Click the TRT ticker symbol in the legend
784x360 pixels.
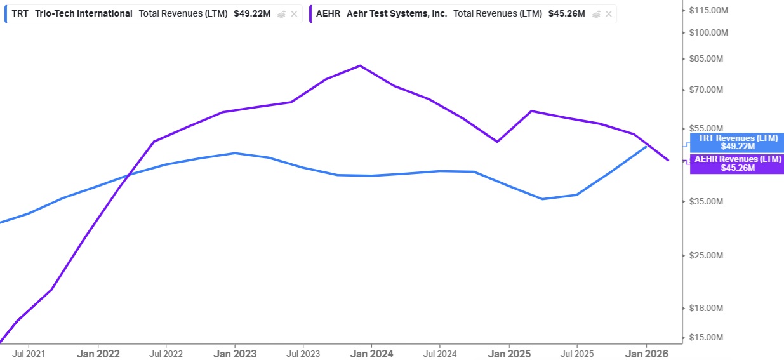pos(20,13)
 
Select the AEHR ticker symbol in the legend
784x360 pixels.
pos(328,13)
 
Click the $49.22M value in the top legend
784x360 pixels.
pos(251,13)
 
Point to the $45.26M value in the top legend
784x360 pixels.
pos(566,13)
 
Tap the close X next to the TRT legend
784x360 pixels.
pos(294,14)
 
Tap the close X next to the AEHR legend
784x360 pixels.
pos(609,14)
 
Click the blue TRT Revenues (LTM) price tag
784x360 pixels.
pos(737,142)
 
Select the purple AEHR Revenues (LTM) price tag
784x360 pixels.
pos(737,164)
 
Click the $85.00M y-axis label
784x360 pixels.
pos(707,58)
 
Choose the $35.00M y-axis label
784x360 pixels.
pos(707,201)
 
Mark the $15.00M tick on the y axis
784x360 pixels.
pos(707,337)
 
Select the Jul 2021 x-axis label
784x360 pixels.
pos(28,353)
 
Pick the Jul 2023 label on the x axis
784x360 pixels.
pos(303,353)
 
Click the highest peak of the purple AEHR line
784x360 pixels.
pos(360,65)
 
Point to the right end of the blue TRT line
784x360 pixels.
pos(646,146)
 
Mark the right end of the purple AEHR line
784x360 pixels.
pos(668,160)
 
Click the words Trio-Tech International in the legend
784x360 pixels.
pos(84,13)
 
